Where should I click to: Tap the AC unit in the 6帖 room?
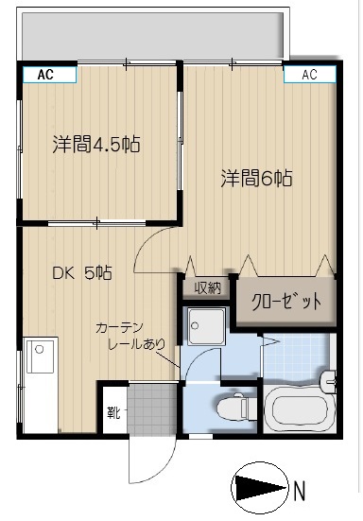pos(309,74)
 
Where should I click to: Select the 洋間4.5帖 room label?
pos(96,145)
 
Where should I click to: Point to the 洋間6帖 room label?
pos(256,178)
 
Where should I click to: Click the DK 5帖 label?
pos(82,273)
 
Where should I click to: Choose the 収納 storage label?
pos(208,287)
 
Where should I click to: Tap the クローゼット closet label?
pos(286,302)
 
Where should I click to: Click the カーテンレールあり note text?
pos(130,336)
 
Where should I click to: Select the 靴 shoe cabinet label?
pos(113,412)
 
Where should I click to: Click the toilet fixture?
pos(233,408)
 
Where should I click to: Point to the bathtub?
pos(300,409)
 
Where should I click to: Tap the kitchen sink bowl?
pos(41,355)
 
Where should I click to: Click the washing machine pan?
pos(207,326)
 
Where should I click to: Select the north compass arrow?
pos(260,488)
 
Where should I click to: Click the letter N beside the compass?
pos(300,492)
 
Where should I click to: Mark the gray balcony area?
pos(153,37)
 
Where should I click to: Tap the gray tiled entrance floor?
pos(152,409)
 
